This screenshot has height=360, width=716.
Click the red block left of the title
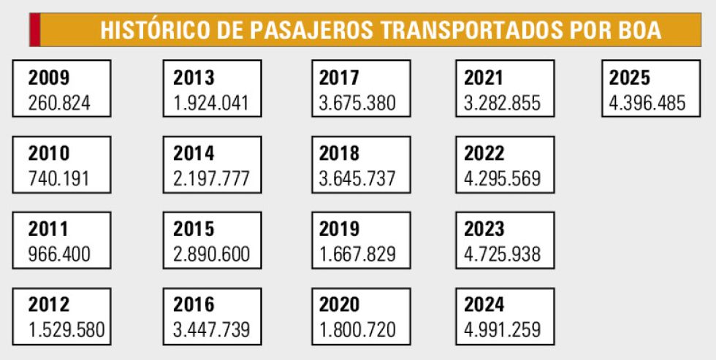[34, 30]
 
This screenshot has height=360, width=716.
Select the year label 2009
[49, 77]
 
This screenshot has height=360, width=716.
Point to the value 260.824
[60, 102]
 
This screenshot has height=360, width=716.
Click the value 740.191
[60, 178]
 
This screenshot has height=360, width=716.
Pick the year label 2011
[49, 229]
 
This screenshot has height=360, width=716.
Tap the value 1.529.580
[66, 329]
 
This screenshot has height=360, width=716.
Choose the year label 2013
[194, 77]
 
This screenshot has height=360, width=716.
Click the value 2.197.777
[212, 178]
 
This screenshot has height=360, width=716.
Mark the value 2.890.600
[212, 254]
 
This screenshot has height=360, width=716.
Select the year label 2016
[194, 305]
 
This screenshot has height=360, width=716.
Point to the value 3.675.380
[358, 102]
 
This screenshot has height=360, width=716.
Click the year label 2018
[340, 153]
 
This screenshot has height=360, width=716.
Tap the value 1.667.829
[358, 254]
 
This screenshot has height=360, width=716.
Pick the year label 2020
[340, 305]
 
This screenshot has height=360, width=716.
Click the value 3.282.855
[503, 102]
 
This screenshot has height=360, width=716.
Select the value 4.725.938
[503, 254]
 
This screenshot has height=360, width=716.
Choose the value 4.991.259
[503, 329]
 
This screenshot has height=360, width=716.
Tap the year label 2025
[630, 77]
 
